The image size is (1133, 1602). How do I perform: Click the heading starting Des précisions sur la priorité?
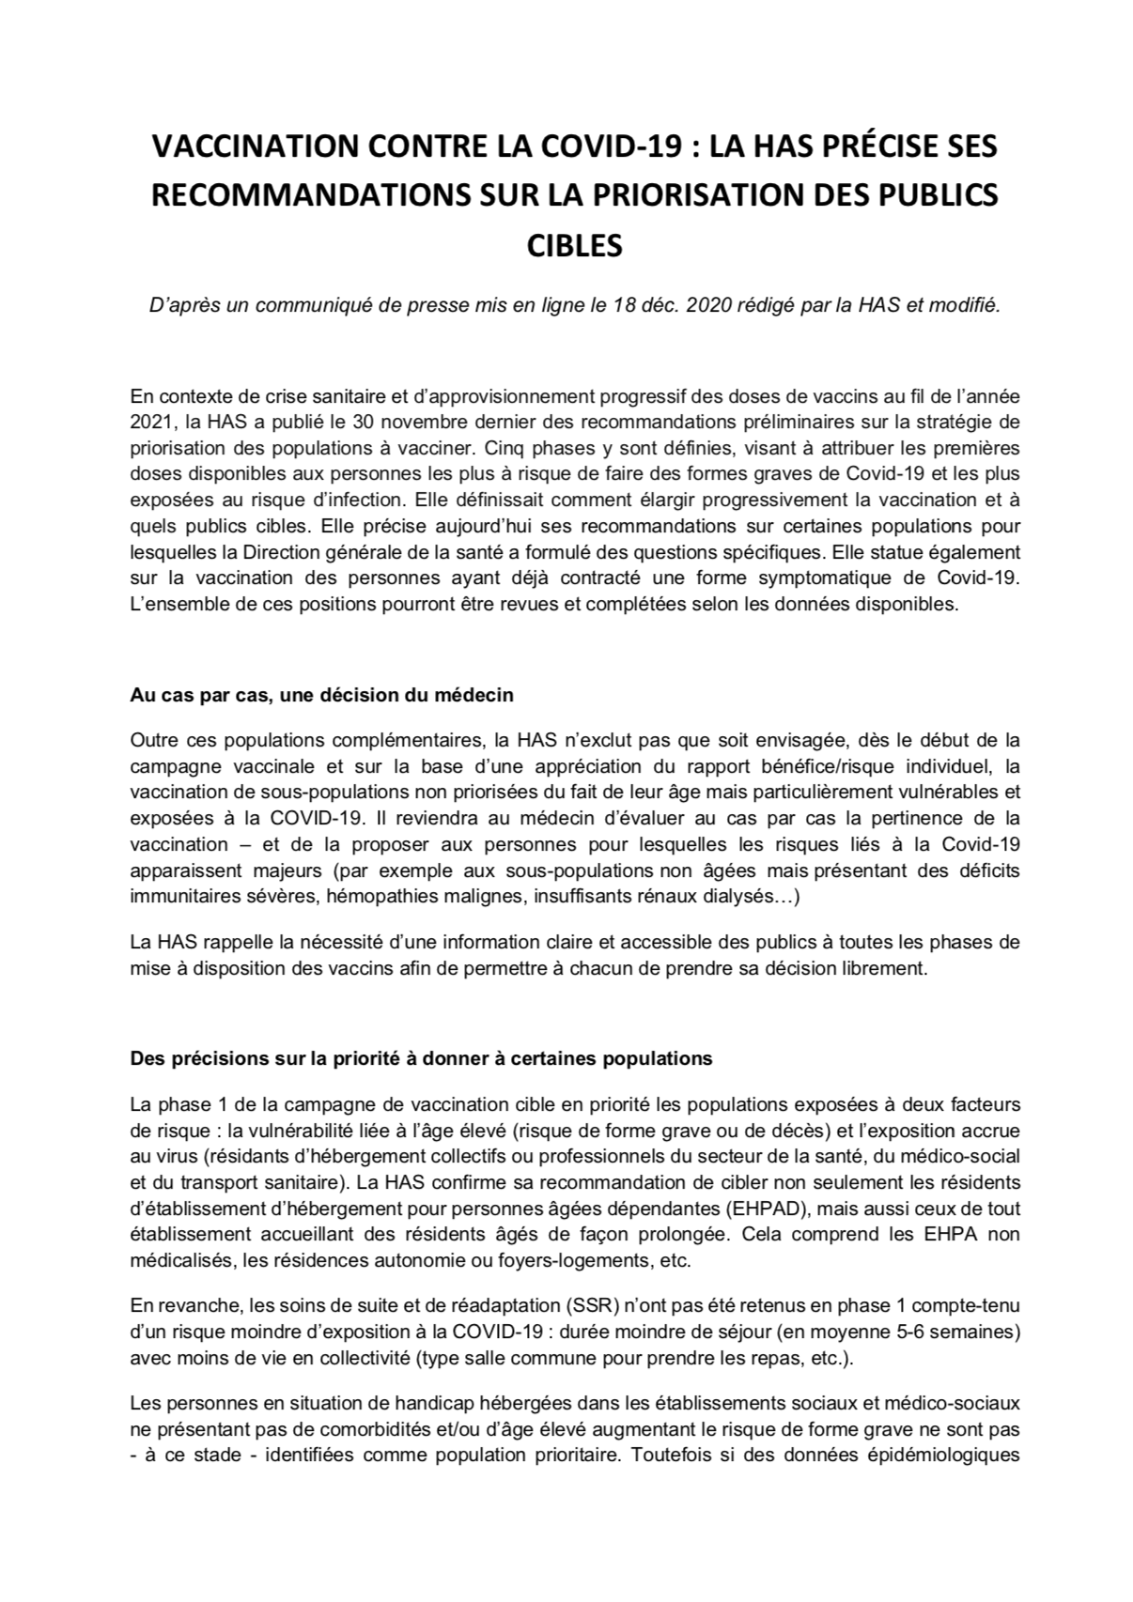pos(421,1058)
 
